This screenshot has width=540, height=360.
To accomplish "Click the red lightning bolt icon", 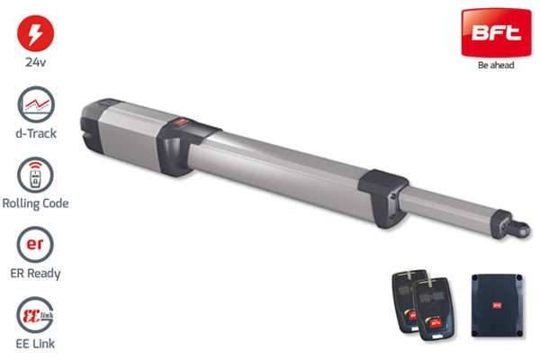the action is coord(35,33).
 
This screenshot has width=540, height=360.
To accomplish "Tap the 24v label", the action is coord(35,62).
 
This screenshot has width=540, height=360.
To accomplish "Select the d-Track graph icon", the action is coord(36,104).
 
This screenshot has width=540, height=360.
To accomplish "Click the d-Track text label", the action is coord(36,133).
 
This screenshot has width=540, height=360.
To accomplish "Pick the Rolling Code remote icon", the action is coord(35,175).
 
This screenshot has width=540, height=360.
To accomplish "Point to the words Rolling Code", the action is coord(35,203).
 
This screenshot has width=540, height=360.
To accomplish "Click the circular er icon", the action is coord(35,245).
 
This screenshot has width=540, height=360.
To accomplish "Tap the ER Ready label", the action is coord(35,274).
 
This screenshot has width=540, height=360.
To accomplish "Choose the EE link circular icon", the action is coord(35,314).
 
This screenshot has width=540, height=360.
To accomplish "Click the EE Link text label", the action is coord(35,344).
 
